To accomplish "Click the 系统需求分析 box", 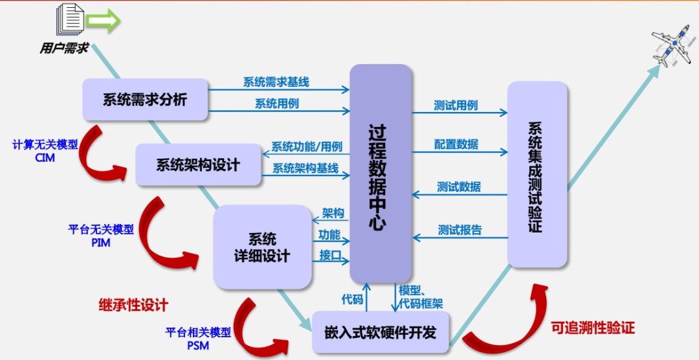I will coord(145,100).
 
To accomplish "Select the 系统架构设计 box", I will coord(197,164).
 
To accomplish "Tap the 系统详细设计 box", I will coord(262,247).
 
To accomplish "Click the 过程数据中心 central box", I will coord(381,173).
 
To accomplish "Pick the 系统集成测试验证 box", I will coord(537,175).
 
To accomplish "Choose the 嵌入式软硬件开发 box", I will coord(380,333).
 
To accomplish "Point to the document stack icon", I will coord(69,19).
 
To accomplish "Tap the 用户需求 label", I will coord(64,49).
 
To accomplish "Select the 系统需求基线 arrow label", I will coord(276,82).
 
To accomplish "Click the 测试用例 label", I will coord(456,105).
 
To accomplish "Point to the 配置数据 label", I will coord(456,144).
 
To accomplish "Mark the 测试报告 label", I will coord(460,230).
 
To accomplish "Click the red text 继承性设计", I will coord(133,304).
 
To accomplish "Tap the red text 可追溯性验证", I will coord(592,328).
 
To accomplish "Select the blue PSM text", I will coord(198,345).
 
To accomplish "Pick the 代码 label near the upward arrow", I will coord(352,299).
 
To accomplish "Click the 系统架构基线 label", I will coord(305,168).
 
